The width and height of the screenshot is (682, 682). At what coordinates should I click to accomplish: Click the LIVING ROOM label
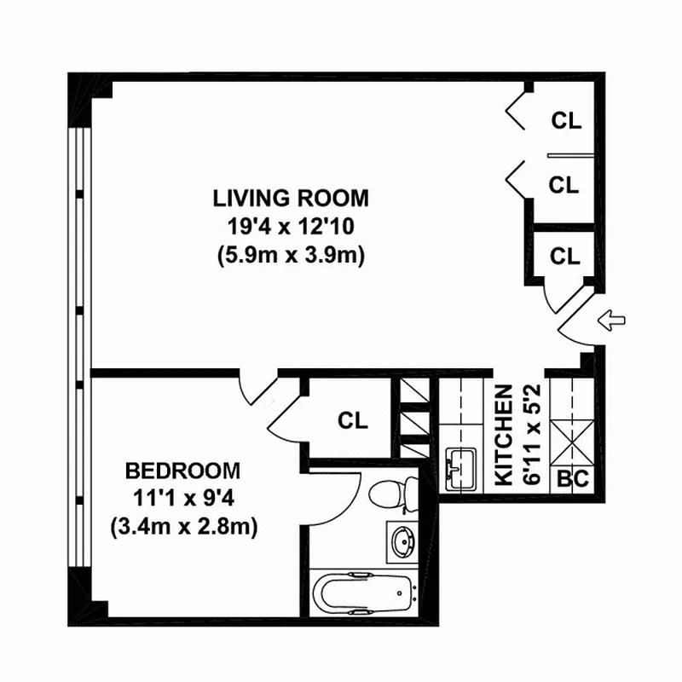291,199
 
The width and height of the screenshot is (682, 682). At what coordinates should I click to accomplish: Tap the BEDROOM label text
182,471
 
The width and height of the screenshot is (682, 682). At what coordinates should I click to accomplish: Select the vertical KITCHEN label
505,435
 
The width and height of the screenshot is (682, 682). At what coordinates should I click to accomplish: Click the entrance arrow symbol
611,321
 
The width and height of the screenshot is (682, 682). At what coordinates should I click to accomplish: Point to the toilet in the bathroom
393,494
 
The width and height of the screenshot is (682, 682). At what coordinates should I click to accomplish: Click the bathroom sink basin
403,542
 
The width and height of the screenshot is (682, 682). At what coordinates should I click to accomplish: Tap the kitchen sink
460,470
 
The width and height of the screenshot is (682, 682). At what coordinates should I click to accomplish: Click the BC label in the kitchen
573,479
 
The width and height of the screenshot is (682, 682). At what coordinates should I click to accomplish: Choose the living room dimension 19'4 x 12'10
291,227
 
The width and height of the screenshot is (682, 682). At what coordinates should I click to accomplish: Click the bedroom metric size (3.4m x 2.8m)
184,527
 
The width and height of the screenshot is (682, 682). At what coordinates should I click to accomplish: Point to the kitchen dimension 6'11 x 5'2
532,435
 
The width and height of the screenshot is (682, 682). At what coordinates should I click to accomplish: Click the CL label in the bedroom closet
353,420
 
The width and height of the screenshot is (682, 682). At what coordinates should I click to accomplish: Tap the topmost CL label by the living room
566,120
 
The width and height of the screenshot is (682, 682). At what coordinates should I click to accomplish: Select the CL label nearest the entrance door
565,257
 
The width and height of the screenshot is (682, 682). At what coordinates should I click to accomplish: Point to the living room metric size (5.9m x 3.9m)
291,255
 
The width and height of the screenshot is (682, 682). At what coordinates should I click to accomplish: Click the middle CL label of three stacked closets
564,185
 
